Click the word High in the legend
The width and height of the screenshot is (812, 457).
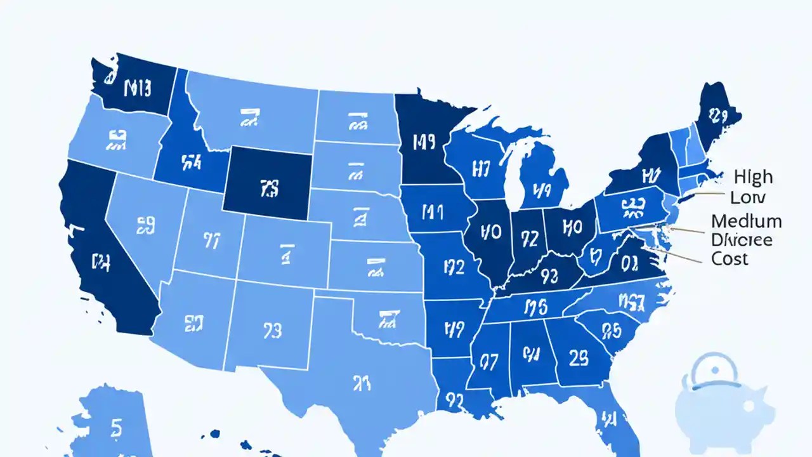click(x=754, y=176)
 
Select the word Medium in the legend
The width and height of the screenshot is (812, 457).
click(x=746, y=221)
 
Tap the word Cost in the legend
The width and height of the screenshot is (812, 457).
click(x=730, y=258)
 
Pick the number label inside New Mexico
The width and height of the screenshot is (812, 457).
click(x=271, y=331)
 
